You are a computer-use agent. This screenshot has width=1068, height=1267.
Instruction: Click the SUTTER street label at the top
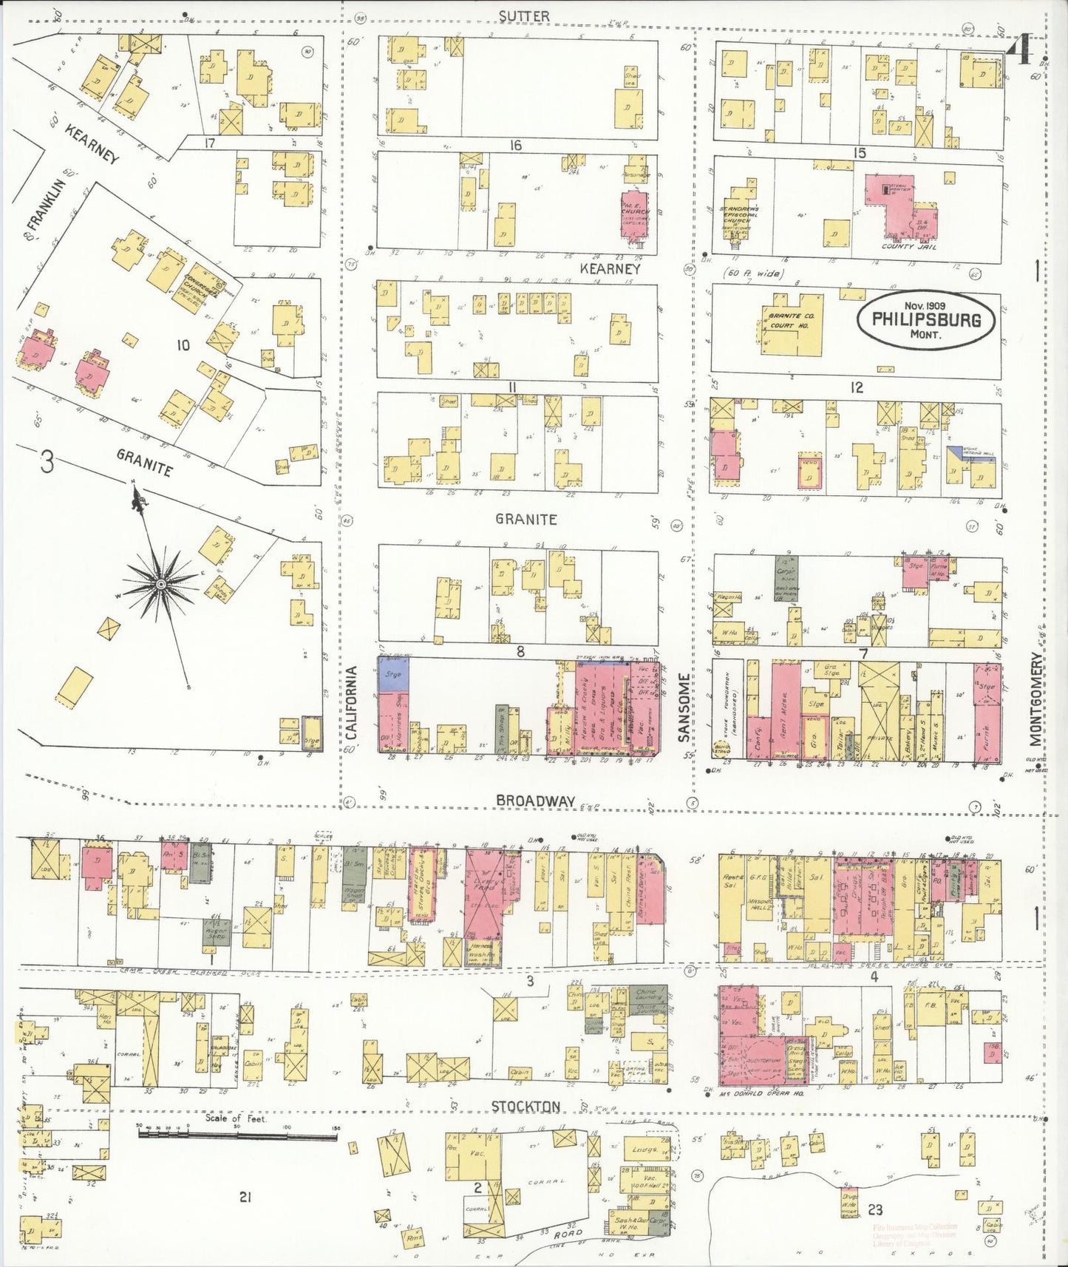[524, 16]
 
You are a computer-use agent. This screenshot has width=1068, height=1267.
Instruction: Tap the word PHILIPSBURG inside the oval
[926, 320]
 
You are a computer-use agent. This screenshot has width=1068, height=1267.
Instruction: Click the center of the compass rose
[160, 585]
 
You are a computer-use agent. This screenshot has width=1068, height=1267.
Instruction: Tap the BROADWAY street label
[535, 800]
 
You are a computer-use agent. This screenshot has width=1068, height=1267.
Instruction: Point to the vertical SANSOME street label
[684, 707]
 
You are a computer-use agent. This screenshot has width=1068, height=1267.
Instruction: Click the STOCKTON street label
[526, 1106]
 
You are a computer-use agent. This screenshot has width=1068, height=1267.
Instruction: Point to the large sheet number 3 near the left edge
[47, 463]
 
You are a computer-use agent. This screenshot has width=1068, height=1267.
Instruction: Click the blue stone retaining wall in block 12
[971, 453]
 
